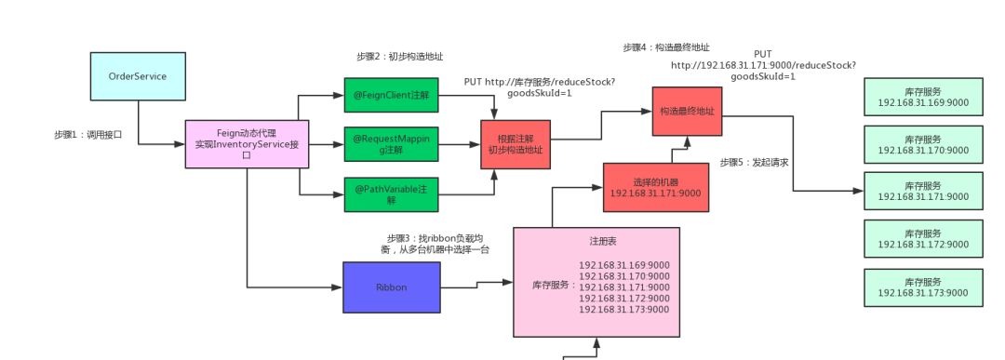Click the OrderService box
tap(138, 76)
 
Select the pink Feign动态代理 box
tap(247, 144)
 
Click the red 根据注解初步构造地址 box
tap(515, 144)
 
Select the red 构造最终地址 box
tap(687, 111)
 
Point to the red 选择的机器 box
tap(656, 187)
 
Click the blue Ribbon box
tap(391, 287)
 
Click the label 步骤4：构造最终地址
tap(667, 47)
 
